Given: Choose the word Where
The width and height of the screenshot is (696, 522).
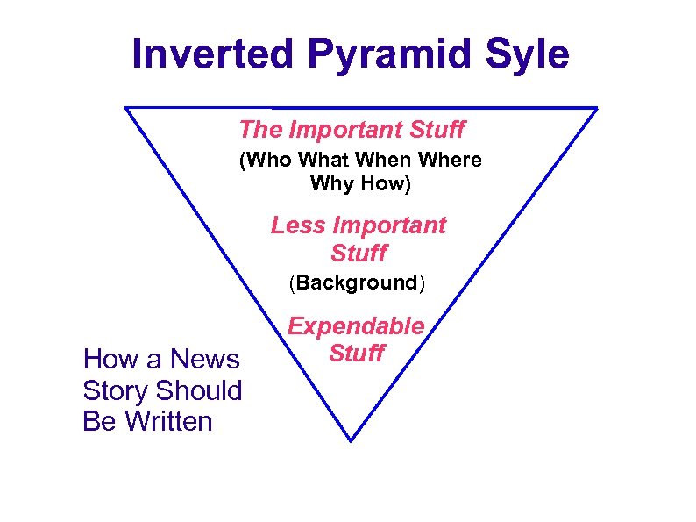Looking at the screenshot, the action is [452, 161].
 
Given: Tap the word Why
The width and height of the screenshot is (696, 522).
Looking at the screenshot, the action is [330, 185].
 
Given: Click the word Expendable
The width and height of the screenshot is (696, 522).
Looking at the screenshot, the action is [356, 326].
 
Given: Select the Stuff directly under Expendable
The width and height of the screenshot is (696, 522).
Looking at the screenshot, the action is [356, 354].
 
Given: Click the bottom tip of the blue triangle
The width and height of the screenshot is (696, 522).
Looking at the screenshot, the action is [351, 440].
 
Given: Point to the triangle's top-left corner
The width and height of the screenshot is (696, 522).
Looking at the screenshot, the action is [126, 108].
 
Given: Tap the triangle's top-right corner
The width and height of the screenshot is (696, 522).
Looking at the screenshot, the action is [596, 109].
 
